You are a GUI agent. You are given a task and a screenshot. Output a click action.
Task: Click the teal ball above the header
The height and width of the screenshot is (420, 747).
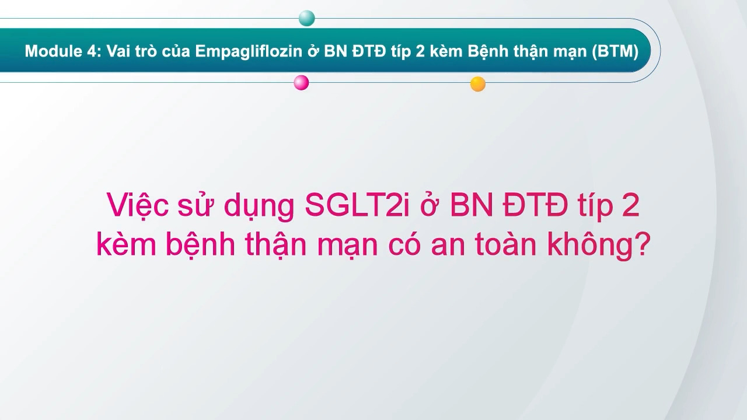pyautogui.click(x=306, y=18)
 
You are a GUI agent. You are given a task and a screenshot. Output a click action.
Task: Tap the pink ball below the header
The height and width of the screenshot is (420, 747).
pyautogui.click(x=301, y=83)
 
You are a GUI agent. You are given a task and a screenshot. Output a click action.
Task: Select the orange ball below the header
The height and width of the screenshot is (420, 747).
pyautogui.click(x=478, y=84)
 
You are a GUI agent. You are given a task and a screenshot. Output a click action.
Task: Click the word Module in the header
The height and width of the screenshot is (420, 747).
pyautogui.click(x=49, y=51)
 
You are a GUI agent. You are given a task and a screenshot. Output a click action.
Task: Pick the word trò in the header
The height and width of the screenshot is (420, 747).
pyautogui.click(x=144, y=51)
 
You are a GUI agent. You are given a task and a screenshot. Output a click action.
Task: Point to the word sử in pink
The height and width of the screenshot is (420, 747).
pyautogui.click(x=197, y=208)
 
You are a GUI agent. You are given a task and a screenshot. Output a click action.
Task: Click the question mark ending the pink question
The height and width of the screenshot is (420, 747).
pyautogui.click(x=640, y=246)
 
